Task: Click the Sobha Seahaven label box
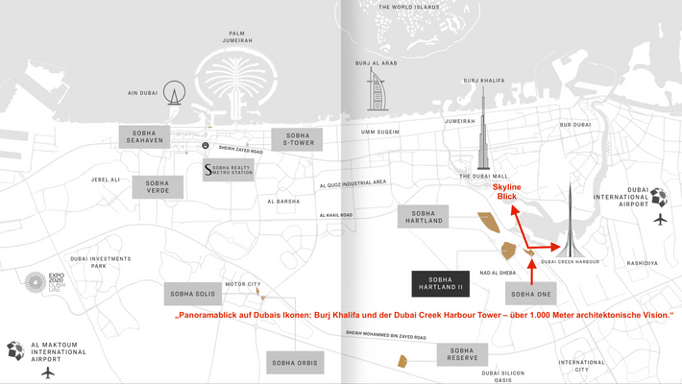click(145, 135)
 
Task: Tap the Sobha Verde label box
click(158, 186)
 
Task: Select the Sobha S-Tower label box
click(298, 139)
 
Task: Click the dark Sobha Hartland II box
click(441, 283)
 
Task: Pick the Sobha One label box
click(531, 293)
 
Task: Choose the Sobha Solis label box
click(193, 293)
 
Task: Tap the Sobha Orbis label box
click(295, 363)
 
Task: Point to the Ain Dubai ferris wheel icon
click(174, 93)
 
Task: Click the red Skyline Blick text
click(507, 191)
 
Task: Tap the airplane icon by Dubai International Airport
click(661, 219)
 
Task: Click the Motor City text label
click(242, 284)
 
